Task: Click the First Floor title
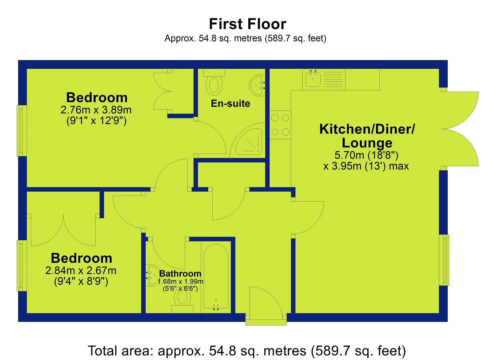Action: tap(247, 24)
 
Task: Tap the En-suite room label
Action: tap(230, 103)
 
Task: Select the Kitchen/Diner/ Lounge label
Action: tap(367, 136)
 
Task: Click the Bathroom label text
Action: tap(180, 274)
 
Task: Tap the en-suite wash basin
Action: tap(257, 85)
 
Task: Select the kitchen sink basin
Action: tap(313, 78)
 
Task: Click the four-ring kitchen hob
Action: tap(280, 125)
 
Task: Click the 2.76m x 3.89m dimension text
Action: tap(96, 110)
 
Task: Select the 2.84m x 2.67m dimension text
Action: tap(81, 271)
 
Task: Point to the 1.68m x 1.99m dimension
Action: tap(180, 282)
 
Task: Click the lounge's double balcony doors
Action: tap(460, 129)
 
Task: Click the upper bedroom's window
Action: tap(22, 131)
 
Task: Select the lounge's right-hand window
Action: tap(444, 260)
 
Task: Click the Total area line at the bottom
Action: tap(247, 351)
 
